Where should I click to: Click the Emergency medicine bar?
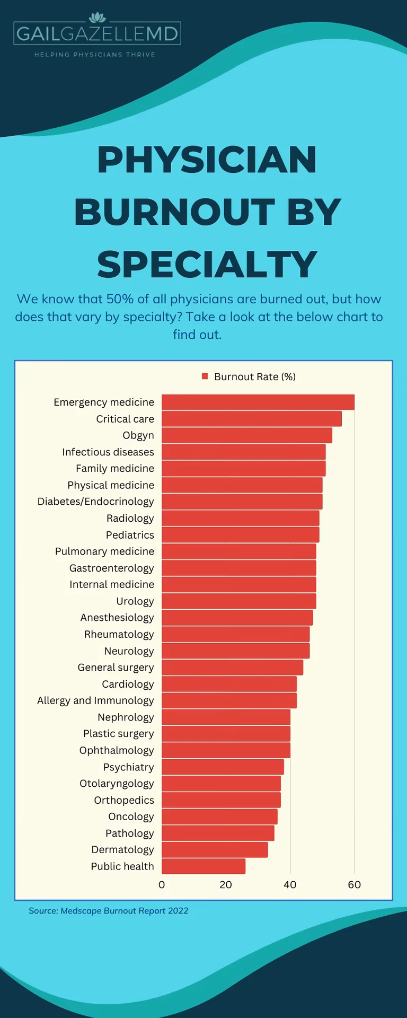pyautogui.click(x=258, y=402)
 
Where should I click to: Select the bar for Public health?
pyautogui.click(x=203, y=866)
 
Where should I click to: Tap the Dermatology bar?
pyautogui.click(x=215, y=850)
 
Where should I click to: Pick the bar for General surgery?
pyautogui.click(x=232, y=668)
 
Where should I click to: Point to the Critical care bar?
pyautogui.click(x=251, y=419)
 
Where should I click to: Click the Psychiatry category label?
pyautogui.click(x=128, y=767)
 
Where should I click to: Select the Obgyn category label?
pyautogui.click(x=138, y=435)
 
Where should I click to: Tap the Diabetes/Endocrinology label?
pyautogui.click(x=95, y=502)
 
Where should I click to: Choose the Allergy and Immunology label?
pyautogui.click(x=95, y=701)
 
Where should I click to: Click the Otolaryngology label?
pyautogui.click(x=117, y=784)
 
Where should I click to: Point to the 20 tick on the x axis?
pyautogui.click(x=226, y=884)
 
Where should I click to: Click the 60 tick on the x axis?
pyautogui.click(x=354, y=884)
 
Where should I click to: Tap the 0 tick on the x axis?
pyautogui.click(x=162, y=884)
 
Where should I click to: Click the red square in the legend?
pyautogui.click(x=205, y=376)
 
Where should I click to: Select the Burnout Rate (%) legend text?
pyautogui.click(x=255, y=377)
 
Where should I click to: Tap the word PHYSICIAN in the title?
pyautogui.click(x=207, y=160)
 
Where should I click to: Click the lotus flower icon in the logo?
pyautogui.click(x=97, y=17)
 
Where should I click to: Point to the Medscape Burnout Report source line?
pyautogui.click(x=109, y=911)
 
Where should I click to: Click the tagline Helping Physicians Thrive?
pyautogui.click(x=95, y=55)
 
